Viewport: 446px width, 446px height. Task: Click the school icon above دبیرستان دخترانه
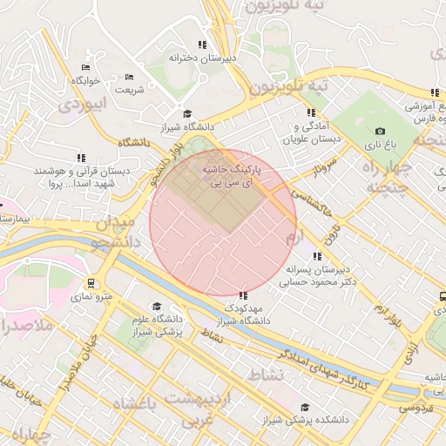coord(202,44)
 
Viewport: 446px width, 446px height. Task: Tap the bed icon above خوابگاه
coord(85,67)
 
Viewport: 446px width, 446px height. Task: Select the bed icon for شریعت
coord(129,77)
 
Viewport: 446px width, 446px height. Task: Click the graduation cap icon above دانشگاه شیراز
coord(186,114)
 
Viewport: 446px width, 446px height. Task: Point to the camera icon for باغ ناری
coord(380,131)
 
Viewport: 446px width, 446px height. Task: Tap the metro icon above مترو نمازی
coord(91,283)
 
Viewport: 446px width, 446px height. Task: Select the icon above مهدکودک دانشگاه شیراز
coord(242,294)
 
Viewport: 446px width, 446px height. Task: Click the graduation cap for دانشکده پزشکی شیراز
coord(304,407)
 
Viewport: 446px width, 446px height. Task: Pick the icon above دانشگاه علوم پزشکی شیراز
coord(157,307)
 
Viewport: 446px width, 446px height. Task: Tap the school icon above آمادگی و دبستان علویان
coord(310,112)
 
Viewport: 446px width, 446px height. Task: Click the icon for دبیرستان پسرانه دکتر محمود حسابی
coord(317,256)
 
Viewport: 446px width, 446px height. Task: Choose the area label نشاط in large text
coord(265,375)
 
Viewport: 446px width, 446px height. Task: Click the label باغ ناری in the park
coord(380,145)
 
